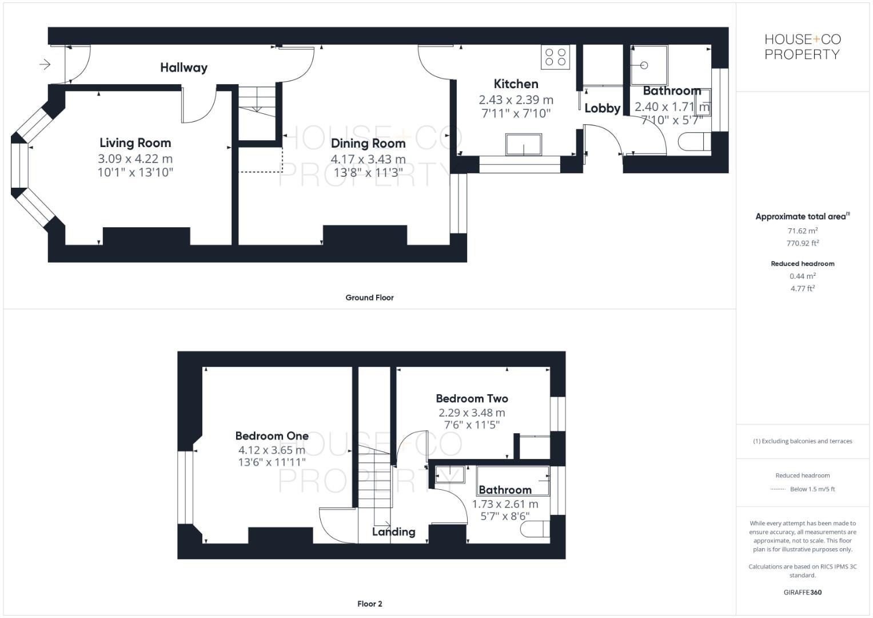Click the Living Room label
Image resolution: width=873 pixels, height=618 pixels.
[x=135, y=143]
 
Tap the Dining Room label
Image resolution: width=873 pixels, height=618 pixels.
[x=368, y=144]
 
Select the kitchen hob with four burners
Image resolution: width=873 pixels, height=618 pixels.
[x=555, y=57]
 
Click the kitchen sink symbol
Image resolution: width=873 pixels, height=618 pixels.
[x=523, y=144]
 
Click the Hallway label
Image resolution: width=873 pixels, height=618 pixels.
[x=184, y=68]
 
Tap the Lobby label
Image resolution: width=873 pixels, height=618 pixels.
[x=602, y=108]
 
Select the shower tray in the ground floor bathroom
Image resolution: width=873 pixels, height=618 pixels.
[x=649, y=65]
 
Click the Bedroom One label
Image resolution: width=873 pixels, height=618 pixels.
[x=272, y=436]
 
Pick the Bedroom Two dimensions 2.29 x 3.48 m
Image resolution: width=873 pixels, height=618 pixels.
[x=472, y=413]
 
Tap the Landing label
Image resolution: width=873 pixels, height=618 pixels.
[x=393, y=532]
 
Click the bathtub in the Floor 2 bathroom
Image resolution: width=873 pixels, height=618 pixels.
[x=513, y=480]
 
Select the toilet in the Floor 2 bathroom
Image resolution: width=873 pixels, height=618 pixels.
[x=535, y=529]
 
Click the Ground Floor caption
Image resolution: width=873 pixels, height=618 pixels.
[x=369, y=298]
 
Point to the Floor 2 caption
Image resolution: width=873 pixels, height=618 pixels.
[x=369, y=604]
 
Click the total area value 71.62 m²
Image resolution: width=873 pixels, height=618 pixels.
[x=802, y=231]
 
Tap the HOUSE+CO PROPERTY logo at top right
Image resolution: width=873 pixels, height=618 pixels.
[x=802, y=47]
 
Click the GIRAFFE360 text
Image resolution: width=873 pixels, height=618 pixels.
[x=802, y=592]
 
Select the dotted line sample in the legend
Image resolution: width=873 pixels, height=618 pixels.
[x=778, y=489]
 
